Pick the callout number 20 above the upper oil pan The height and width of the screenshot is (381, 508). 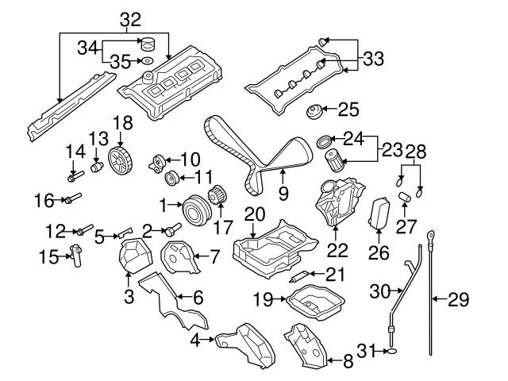point(254,214)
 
